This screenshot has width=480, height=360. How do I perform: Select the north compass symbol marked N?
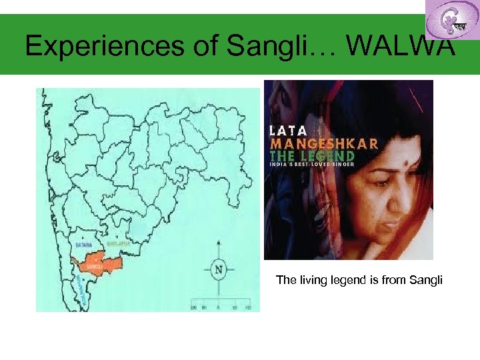coord(218,269)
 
